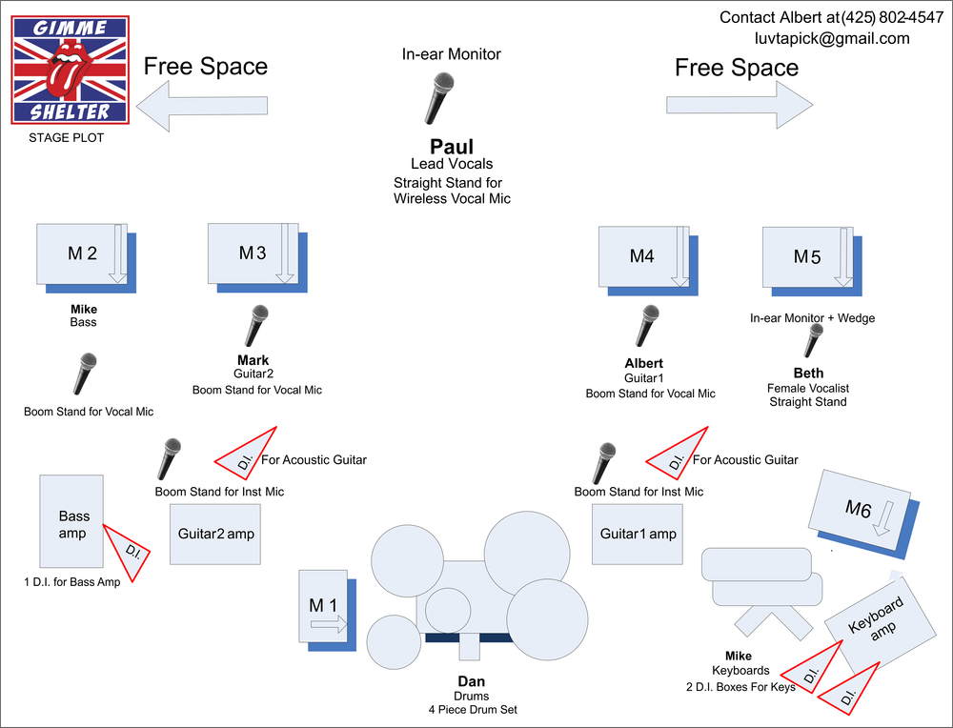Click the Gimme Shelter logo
[71, 69]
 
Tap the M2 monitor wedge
[82, 254]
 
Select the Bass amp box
[71, 521]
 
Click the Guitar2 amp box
[215, 534]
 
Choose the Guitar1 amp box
[638, 534]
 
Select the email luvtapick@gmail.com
[831, 39]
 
